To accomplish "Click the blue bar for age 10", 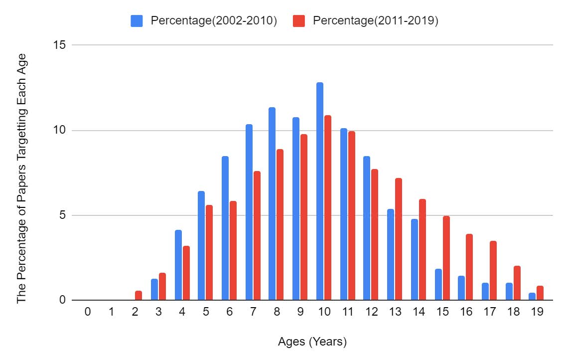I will (x=320, y=191).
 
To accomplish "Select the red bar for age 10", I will (x=328, y=208).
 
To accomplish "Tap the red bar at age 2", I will (x=139, y=296).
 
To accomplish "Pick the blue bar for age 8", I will (x=272, y=204).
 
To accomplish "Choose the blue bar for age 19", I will (x=532, y=297).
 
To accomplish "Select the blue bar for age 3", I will (x=154, y=290).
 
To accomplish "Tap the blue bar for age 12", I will (x=367, y=228).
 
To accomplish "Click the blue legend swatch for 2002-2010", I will (x=137, y=21).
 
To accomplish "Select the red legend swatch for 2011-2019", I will (x=298, y=21).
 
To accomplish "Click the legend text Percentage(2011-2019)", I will (x=375, y=21).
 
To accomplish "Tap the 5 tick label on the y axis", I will (x=63, y=215).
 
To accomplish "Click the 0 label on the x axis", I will (x=88, y=312).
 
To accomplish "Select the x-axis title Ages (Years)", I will (x=312, y=343).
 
